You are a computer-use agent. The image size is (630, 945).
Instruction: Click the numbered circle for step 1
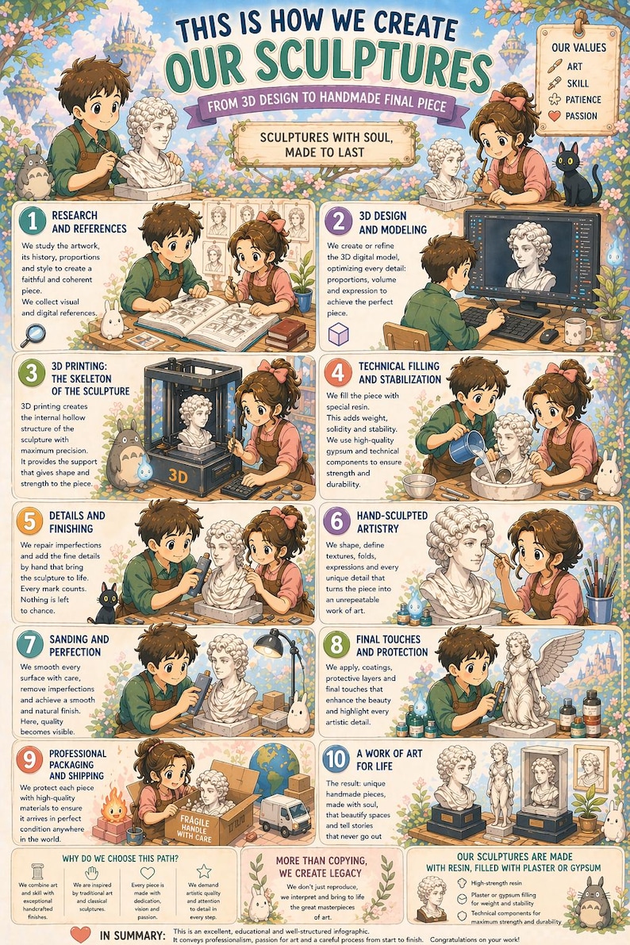(32, 221)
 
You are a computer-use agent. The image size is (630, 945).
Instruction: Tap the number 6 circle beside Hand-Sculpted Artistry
(336, 521)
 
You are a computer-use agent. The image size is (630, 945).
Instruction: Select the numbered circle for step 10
(336, 759)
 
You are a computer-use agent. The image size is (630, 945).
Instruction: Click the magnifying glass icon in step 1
(33, 335)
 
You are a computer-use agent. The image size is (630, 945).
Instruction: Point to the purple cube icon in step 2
(338, 334)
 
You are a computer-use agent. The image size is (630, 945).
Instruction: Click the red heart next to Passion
(555, 116)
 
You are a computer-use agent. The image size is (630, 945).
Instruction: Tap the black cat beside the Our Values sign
(576, 175)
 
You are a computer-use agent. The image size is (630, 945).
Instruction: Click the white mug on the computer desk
(577, 330)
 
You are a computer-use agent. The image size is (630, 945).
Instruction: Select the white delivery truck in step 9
(285, 814)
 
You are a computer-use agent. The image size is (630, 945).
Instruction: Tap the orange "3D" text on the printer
(178, 476)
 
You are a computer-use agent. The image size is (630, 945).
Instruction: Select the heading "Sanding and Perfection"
(79, 645)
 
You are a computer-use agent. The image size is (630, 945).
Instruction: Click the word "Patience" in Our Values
(583, 99)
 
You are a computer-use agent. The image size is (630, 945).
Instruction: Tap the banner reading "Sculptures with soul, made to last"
(325, 144)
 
